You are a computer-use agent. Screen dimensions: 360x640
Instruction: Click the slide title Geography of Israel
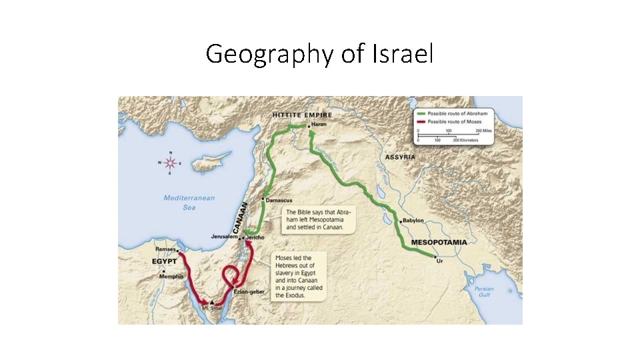click(319, 53)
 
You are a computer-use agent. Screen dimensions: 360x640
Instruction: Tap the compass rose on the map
click(171, 162)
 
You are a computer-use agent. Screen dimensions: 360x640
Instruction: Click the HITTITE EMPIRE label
click(302, 115)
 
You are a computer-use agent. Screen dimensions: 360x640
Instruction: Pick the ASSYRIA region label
click(399, 157)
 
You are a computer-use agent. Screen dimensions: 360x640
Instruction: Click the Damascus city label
click(279, 200)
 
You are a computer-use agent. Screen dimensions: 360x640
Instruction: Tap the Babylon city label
click(414, 221)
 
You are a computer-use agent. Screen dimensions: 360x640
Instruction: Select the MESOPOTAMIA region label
click(438, 241)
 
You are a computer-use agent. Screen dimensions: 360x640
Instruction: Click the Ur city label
click(439, 262)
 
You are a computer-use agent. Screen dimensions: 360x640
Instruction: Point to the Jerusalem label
click(224, 237)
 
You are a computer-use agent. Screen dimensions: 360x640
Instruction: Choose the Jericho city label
click(256, 237)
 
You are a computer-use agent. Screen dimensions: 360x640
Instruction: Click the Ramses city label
click(166, 249)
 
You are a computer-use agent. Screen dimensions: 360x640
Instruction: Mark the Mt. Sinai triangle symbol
click(212, 302)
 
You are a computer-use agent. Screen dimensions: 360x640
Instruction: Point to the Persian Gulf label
click(484, 292)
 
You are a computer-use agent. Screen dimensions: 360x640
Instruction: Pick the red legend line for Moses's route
click(421, 122)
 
